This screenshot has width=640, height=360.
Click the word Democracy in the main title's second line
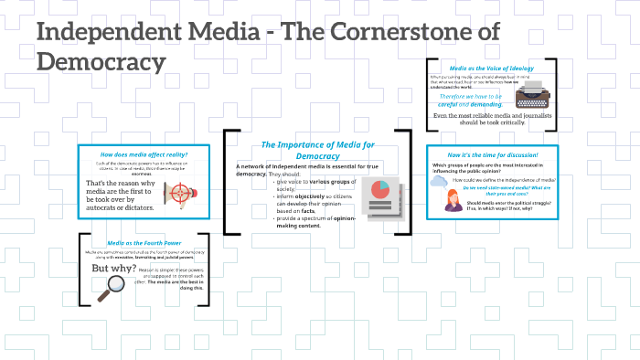(101, 62)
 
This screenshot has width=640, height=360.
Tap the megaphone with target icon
(177, 192)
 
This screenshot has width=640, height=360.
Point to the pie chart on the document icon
(381, 190)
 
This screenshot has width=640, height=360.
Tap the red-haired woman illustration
(452, 201)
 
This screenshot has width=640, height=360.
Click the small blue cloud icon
(438, 181)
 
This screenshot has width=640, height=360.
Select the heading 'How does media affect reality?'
(144, 154)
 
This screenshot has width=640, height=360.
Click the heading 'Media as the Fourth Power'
(144, 243)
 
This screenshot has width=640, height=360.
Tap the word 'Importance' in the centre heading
(307, 144)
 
